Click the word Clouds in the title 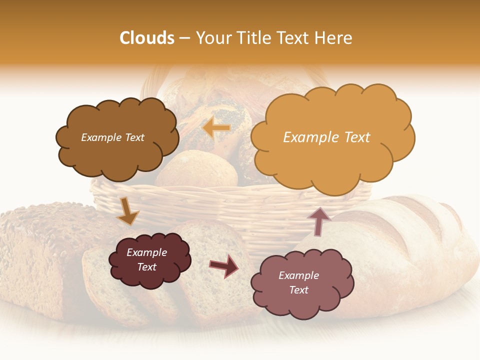coord(147,38)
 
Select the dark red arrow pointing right coord(223,266)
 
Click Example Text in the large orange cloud coord(326,137)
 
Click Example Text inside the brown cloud coord(112,137)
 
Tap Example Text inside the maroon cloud coord(146,260)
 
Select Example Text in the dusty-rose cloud coord(298,282)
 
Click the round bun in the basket coord(197,170)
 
